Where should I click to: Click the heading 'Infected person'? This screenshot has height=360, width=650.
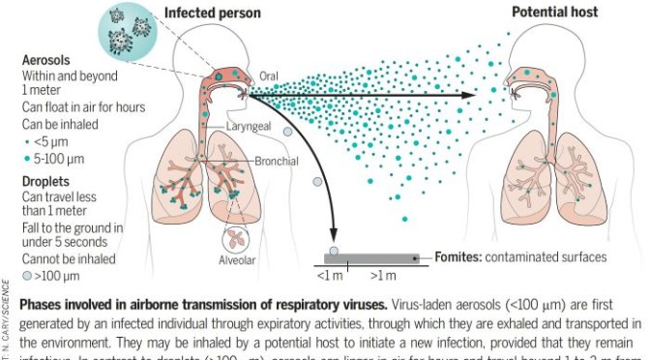point(210,13)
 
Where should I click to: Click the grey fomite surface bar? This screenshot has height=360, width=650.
point(371,258)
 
